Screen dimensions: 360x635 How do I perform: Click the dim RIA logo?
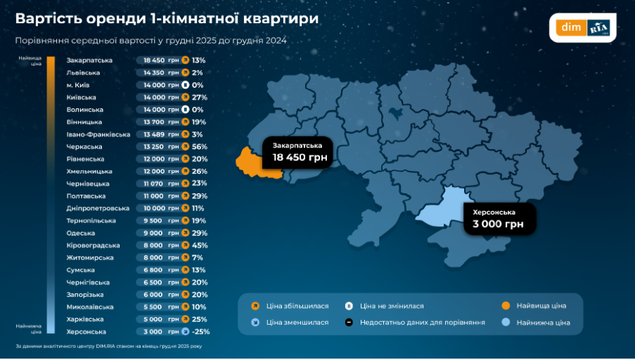582,28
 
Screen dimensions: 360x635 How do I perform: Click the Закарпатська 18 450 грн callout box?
297,151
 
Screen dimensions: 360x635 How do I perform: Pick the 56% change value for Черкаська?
200,146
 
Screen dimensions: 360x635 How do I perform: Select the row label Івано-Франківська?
98,134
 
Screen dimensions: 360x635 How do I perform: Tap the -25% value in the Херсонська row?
201,331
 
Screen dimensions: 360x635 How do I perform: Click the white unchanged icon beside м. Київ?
185,85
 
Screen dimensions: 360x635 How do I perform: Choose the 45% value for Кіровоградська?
200,245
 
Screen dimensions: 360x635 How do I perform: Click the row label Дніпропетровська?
98,208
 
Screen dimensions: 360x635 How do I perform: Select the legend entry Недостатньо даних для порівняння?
423,322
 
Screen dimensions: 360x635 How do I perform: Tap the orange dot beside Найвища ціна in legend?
506,306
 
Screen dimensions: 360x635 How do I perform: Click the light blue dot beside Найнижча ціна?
506,322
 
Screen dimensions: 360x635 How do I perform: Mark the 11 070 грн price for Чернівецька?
154,184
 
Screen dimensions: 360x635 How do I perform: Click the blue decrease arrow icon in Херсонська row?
185,331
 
